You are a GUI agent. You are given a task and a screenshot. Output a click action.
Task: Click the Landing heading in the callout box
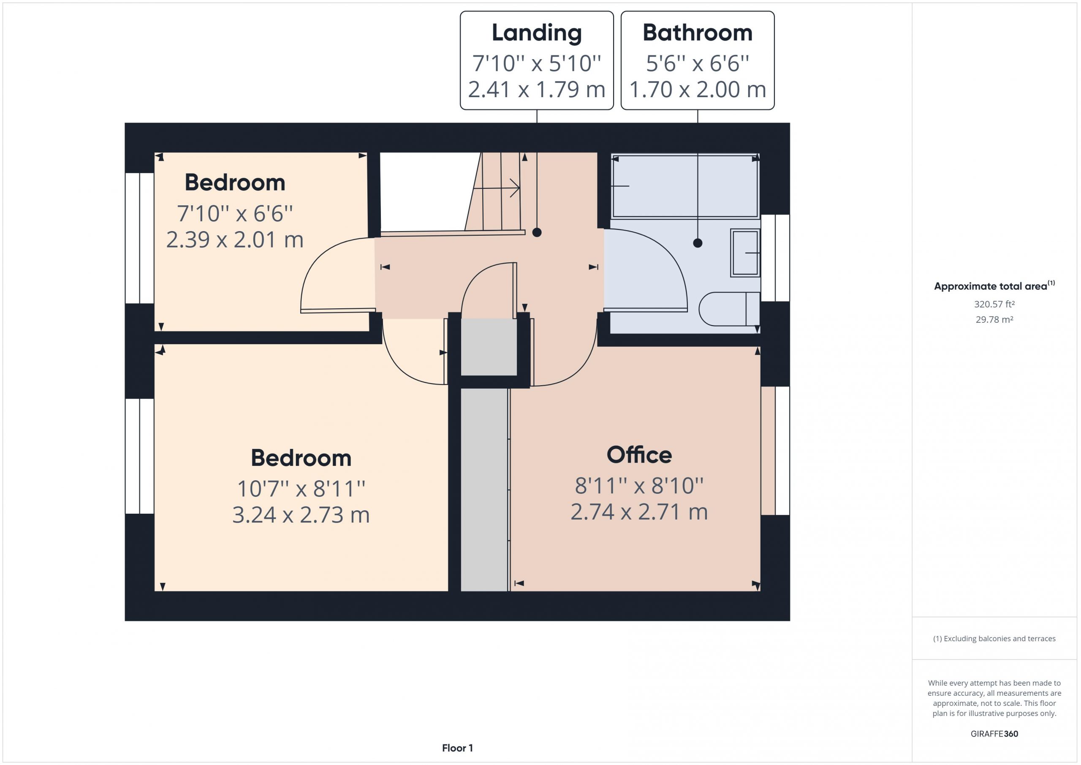pos(537,33)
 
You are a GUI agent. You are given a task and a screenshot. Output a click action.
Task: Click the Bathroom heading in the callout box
pos(697,33)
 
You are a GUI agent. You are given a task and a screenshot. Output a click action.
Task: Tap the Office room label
pos(639,455)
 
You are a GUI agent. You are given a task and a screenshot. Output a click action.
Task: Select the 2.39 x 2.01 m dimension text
pos(234,239)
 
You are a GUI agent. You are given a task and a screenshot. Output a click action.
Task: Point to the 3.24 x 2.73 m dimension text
pos(301,515)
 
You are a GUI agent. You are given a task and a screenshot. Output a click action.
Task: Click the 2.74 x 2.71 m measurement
pos(639,512)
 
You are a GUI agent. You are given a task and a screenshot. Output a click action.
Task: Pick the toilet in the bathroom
pos(729,309)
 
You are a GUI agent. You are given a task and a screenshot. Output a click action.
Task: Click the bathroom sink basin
pos(745,253)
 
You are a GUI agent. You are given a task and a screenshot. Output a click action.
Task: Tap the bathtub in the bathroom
pos(684,186)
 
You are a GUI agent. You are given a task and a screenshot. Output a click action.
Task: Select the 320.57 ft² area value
pos(994,304)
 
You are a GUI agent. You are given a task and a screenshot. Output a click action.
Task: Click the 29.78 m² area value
pos(994,319)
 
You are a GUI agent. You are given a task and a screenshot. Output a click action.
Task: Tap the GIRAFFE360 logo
pos(994,733)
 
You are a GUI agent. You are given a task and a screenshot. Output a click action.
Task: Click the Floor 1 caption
pos(457,748)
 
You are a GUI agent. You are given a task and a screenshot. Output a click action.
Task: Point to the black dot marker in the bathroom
pos(698,243)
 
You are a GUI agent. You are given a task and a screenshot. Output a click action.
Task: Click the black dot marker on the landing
pos(537,232)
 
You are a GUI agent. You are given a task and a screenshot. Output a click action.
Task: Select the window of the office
pos(775,451)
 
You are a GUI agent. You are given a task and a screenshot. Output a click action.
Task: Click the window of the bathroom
pos(775,258)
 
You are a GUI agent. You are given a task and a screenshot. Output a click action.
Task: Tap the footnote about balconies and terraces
pos(994,639)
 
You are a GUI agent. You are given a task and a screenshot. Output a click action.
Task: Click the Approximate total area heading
pos(994,286)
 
